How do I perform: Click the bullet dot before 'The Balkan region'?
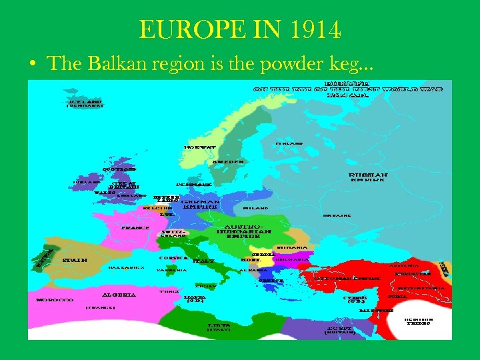tap(32, 65)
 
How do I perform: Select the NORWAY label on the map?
tap(200, 147)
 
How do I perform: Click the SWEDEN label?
tap(227, 161)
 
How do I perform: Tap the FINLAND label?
tap(289, 143)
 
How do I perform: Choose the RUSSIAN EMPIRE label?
tap(367, 178)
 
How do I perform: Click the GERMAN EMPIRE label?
tap(201, 203)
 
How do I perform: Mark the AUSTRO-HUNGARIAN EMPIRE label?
tap(243, 231)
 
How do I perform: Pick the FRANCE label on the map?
tap(135, 227)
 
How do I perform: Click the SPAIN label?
tap(75, 260)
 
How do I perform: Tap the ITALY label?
tap(203, 261)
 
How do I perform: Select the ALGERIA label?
tap(119, 295)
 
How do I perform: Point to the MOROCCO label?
tap(55, 300)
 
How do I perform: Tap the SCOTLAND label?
tap(119, 169)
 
